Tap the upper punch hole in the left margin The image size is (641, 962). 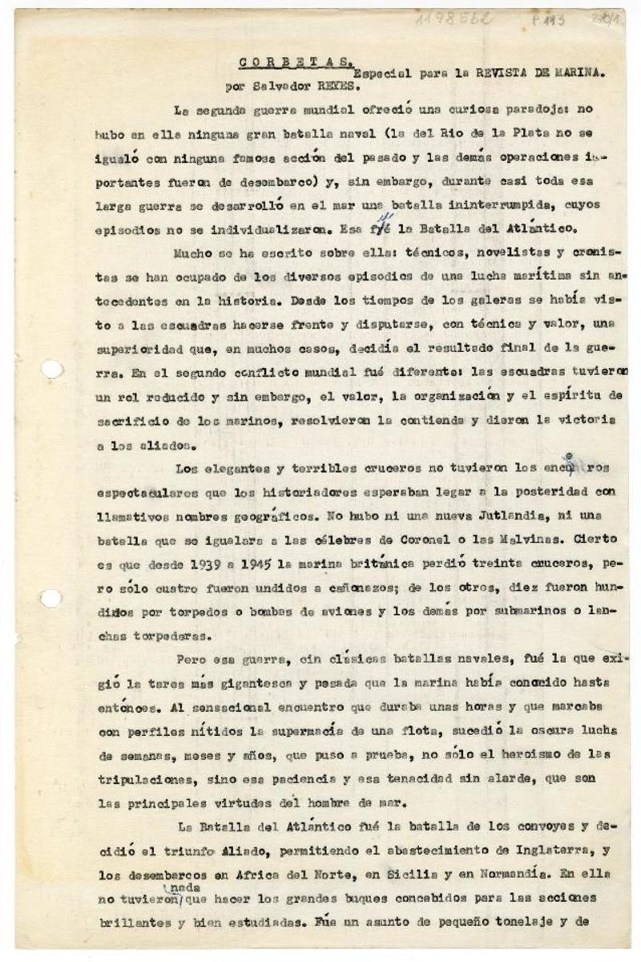[x=50, y=370]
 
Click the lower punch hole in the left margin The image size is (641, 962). [x=50, y=597]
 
